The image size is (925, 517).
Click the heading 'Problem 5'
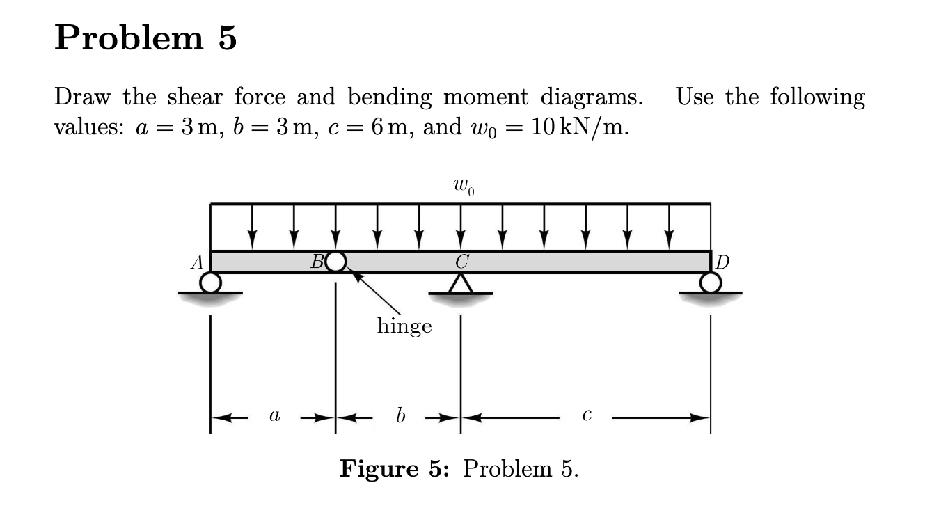click(145, 39)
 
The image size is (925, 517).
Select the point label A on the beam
click(198, 262)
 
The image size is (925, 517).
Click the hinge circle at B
click(335, 262)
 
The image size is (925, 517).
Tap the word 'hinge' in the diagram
click(404, 325)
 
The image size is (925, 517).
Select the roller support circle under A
click(210, 282)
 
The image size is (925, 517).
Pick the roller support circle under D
click(711, 282)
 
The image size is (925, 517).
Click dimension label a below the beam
click(274, 417)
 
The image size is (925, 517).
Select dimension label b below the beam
click(399, 416)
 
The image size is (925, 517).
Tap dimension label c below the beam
click(587, 417)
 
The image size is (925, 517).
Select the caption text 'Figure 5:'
click(395, 470)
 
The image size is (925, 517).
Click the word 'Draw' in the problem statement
click(83, 96)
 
